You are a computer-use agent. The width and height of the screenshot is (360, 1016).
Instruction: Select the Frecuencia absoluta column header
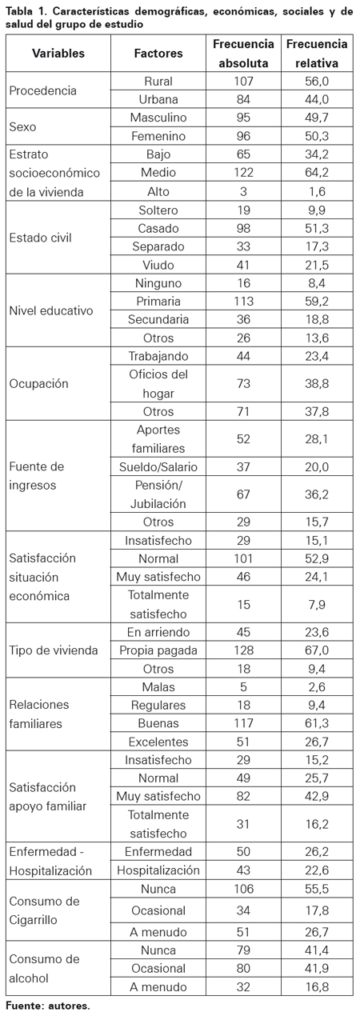tap(243, 53)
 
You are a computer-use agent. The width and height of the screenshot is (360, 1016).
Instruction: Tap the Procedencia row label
tap(42, 90)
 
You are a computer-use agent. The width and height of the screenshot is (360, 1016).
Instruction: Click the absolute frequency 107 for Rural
tap(243, 81)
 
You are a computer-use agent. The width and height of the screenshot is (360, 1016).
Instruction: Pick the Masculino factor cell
tap(158, 118)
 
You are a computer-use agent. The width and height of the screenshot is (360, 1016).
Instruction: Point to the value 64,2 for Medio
tap(317, 172)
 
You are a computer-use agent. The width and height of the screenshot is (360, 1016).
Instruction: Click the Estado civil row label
tap(40, 238)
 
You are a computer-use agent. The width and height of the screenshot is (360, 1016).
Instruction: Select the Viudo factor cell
tap(158, 265)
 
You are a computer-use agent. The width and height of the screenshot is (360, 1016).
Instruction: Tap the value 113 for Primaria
tap(243, 301)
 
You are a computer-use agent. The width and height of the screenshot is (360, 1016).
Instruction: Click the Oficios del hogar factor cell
tap(158, 384)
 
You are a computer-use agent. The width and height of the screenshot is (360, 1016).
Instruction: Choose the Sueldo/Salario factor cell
tap(158, 466)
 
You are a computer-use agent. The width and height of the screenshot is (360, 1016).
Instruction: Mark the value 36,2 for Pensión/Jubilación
tap(317, 494)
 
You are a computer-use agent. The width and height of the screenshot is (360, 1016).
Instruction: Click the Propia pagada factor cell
tap(158, 650)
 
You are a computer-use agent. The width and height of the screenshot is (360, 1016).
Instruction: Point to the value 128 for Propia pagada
tap(243, 650)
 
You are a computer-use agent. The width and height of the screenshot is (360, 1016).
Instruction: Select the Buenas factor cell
tap(158, 723)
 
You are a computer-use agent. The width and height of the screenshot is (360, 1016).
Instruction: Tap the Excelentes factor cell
tap(158, 742)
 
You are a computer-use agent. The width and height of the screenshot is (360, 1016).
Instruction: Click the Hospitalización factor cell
tap(158, 870)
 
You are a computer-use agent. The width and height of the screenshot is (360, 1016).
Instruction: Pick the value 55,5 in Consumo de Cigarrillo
tap(317, 889)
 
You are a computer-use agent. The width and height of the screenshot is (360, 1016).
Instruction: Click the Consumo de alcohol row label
tap(38, 968)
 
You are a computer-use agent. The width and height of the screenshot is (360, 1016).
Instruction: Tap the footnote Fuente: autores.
tap(48, 1006)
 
